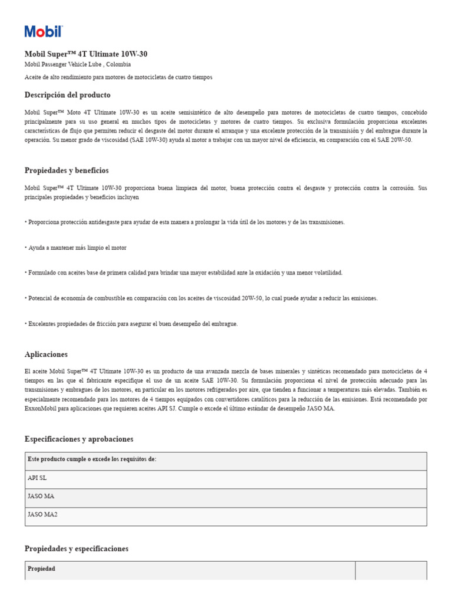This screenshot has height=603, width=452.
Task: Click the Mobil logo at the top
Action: pos(43,32)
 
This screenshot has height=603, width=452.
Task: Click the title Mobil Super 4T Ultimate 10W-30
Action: pos(86,54)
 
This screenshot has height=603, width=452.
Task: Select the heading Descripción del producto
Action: pos(67,95)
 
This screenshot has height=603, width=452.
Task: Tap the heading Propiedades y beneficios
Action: pos(67,171)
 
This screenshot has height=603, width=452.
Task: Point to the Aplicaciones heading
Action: pos(46,354)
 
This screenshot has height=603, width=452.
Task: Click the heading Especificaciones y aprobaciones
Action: pos(79,439)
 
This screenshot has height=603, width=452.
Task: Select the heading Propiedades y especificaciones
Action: pos(77,549)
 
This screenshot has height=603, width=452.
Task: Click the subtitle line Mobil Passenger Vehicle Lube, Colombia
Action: pos(78,65)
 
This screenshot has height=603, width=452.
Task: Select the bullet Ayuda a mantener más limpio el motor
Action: pos(77,248)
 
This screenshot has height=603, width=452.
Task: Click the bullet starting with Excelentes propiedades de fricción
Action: pos(132,324)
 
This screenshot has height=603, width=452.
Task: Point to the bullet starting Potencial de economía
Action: pos(201,299)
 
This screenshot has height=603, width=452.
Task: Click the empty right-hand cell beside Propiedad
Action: pos(391,569)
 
